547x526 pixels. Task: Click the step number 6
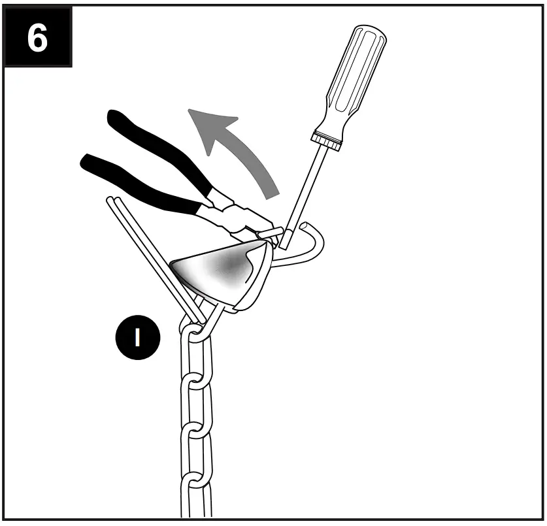coord(37,39)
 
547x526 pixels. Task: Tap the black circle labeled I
coord(137,337)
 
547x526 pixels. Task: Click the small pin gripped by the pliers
coord(270,233)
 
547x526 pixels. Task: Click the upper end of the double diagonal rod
coord(112,201)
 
